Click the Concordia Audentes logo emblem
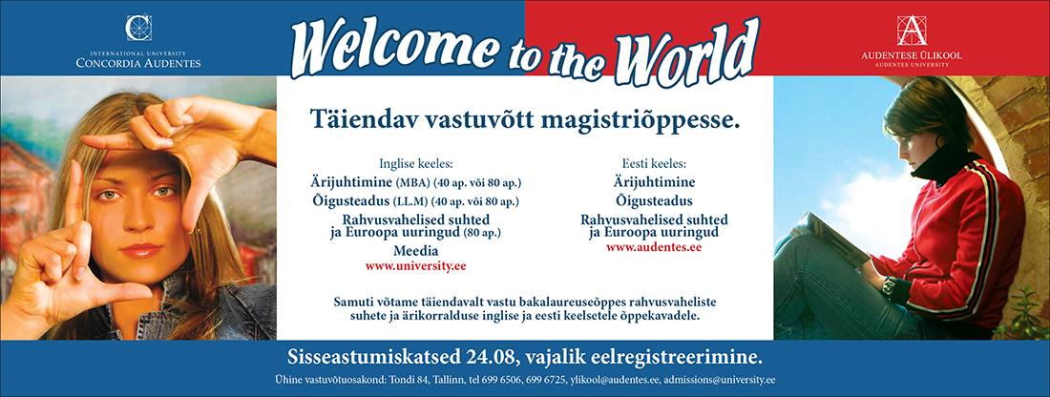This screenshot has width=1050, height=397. click(138, 28)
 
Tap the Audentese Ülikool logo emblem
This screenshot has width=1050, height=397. click(912, 31)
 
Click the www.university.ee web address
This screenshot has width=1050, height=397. click(416, 266)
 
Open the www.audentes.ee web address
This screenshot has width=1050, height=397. click(654, 247)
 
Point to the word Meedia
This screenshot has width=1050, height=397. click(416, 251)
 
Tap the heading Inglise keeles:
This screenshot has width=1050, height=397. click(416, 163)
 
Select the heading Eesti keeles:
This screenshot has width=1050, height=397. click(654, 163)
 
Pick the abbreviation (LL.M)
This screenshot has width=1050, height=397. click(413, 200)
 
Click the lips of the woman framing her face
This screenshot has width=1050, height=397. click(140, 250)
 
